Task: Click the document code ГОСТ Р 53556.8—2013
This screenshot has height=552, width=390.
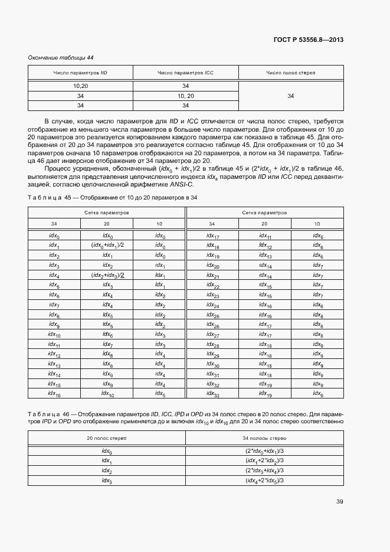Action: coord(309,40)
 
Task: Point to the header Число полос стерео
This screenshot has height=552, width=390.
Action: coord(290,73)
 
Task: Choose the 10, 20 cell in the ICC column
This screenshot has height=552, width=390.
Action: coord(185,96)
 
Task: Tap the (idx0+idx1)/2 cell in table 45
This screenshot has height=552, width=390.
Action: coord(107,246)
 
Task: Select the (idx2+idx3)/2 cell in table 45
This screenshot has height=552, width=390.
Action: coord(107,276)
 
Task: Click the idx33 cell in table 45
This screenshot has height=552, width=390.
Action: coord(213,394)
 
